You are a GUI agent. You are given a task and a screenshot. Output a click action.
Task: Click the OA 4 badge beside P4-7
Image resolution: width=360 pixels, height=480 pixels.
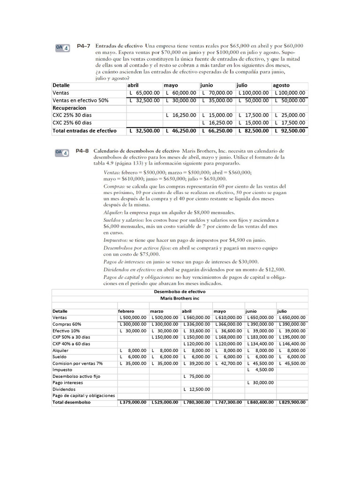(63, 47)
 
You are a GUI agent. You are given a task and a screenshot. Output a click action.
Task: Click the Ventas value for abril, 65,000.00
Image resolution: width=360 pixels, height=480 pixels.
(144, 93)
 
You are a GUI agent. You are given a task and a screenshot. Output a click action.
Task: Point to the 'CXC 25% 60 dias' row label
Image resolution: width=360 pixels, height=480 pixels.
(72, 123)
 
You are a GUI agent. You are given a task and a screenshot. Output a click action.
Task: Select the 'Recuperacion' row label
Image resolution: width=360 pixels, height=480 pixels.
(69, 108)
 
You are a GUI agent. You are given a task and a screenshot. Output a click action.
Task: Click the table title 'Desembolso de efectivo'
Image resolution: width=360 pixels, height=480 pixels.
(180, 292)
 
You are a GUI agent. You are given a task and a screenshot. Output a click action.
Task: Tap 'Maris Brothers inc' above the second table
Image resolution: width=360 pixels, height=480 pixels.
(180, 298)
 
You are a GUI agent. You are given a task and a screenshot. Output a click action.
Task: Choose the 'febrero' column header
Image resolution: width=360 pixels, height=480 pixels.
(126, 311)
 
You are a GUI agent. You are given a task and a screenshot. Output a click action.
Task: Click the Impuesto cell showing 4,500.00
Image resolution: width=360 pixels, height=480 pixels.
(261, 370)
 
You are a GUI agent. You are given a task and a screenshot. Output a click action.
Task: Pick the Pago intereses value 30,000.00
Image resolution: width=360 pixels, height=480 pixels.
(261, 382)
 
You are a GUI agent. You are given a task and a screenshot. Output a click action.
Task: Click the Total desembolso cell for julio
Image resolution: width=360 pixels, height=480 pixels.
(292, 402)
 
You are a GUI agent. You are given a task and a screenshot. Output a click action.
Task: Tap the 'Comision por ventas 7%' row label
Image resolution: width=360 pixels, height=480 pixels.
(77, 363)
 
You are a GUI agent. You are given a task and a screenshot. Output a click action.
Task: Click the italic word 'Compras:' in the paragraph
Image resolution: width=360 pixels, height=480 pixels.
(115, 187)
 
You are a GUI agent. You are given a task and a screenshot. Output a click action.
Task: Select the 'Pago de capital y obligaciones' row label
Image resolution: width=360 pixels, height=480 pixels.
(83, 396)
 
